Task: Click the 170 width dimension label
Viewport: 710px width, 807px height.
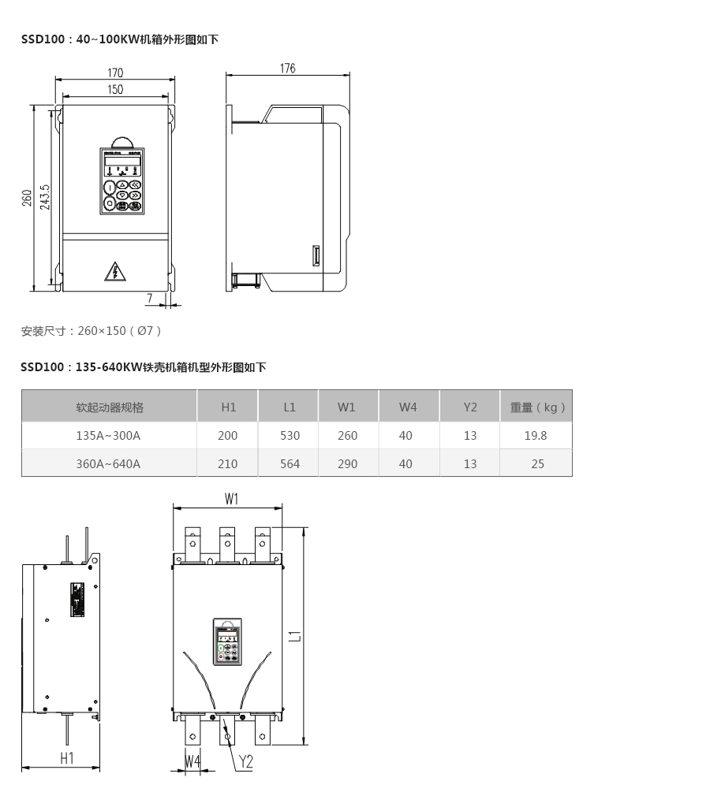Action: click(115, 73)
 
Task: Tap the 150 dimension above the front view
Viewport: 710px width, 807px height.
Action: click(115, 90)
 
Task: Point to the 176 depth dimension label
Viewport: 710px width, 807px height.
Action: click(287, 69)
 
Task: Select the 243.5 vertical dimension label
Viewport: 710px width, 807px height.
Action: click(45, 197)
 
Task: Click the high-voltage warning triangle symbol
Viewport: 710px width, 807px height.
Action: click(115, 272)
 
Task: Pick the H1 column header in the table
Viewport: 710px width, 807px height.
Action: click(228, 407)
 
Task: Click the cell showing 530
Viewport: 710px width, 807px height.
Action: click(290, 435)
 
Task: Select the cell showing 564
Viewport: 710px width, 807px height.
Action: click(290, 463)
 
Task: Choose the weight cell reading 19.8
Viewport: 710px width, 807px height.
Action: click(536, 435)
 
